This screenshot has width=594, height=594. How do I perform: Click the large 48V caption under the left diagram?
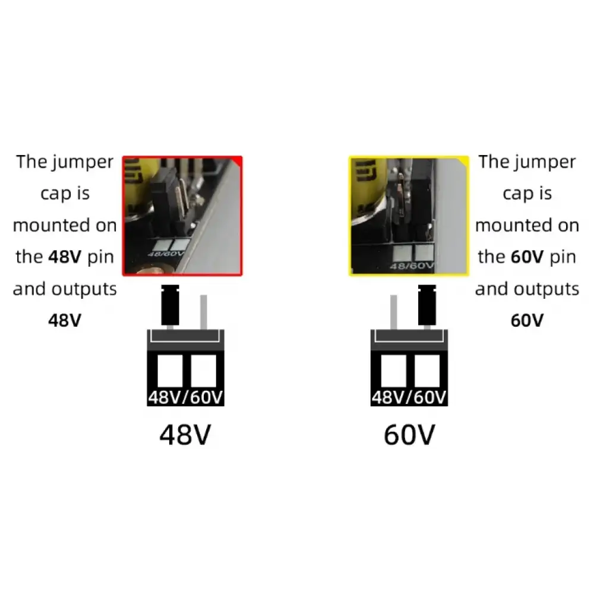[x=185, y=434]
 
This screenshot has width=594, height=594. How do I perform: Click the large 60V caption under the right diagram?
[x=409, y=434]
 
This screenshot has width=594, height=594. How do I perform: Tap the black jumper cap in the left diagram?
[x=170, y=305]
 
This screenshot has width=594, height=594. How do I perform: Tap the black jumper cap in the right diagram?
[x=427, y=305]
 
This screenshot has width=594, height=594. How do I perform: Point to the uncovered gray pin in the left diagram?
[x=203, y=312]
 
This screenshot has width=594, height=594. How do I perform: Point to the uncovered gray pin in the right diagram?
[x=394, y=312]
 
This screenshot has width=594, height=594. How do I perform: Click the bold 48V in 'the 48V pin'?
[x=65, y=257]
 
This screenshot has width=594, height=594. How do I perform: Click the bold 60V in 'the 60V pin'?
[x=527, y=257]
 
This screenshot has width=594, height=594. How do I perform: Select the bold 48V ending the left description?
[x=65, y=321]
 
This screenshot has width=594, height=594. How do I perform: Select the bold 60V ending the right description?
[x=527, y=321]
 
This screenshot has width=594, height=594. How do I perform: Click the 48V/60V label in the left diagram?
[x=185, y=397]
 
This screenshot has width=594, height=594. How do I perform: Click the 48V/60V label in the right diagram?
[x=409, y=397]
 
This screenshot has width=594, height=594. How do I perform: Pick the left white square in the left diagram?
[x=170, y=371]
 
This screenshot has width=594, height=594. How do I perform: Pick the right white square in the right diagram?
[x=427, y=371]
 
